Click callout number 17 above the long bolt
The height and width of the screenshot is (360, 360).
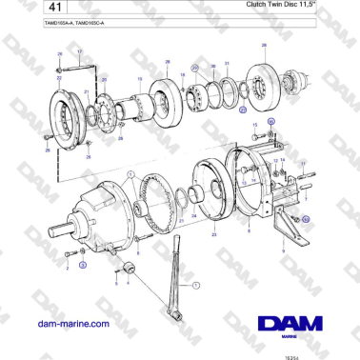[80, 50]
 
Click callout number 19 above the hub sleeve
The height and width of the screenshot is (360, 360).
[140, 80]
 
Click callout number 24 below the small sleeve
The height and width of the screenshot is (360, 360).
[194, 216]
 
